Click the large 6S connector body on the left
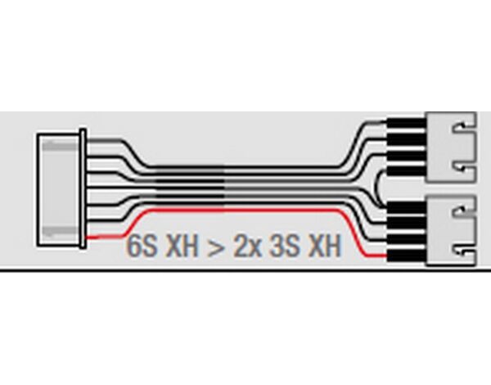click(58, 190)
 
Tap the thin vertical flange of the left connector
click(83, 188)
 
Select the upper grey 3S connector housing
click(451, 147)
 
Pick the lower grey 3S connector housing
click(451, 231)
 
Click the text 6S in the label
click(142, 246)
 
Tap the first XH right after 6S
click(182, 246)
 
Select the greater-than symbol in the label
click(216, 247)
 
